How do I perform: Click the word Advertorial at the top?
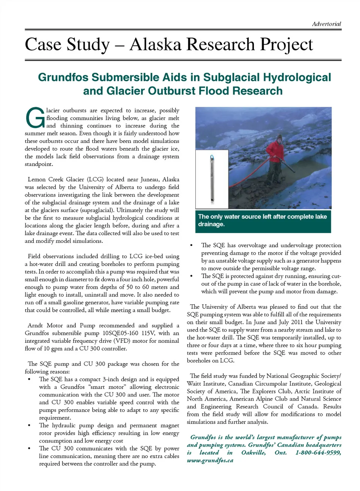[326, 24]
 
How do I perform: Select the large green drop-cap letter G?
[35, 118]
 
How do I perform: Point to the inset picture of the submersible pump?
[212, 179]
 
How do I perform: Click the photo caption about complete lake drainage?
[262, 220]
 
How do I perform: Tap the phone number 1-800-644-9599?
[318, 453]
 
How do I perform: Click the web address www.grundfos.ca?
[210, 461]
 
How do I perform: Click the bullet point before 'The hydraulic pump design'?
[29, 426]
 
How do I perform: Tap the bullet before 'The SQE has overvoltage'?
[192, 245]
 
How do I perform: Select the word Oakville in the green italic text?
[253, 453]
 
